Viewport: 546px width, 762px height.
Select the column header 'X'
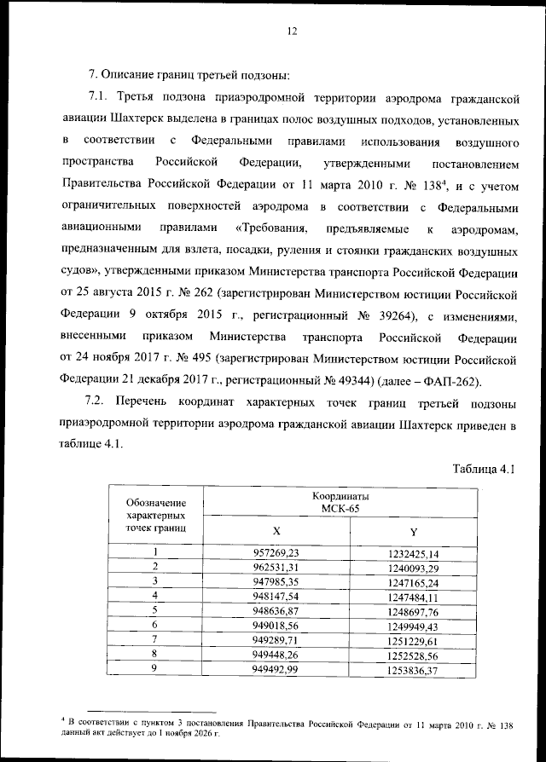(276, 530)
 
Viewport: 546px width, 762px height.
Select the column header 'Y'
(413, 530)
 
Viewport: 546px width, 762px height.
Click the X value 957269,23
(276, 553)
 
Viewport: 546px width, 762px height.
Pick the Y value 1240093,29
(413, 567)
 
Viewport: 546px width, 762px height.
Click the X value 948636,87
(276, 610)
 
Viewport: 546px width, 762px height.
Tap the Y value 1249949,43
(413, 626)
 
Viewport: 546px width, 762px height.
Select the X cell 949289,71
(276, 640)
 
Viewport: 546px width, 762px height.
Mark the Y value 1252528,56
(413, 655)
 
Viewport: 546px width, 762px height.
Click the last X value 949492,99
(276, 670)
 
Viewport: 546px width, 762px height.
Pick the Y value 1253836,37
(413, 671)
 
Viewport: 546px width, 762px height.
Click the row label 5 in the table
(155, 610)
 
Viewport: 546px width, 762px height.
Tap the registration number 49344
(330, 379)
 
